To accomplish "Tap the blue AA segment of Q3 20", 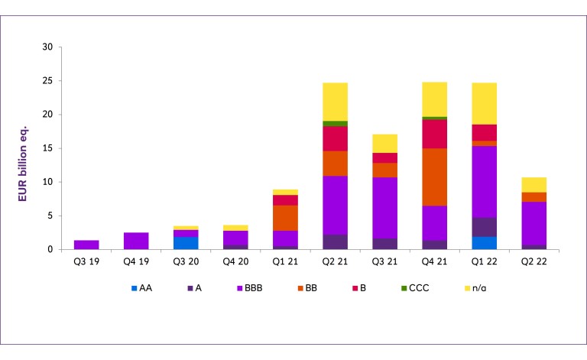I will click(186, 243).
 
